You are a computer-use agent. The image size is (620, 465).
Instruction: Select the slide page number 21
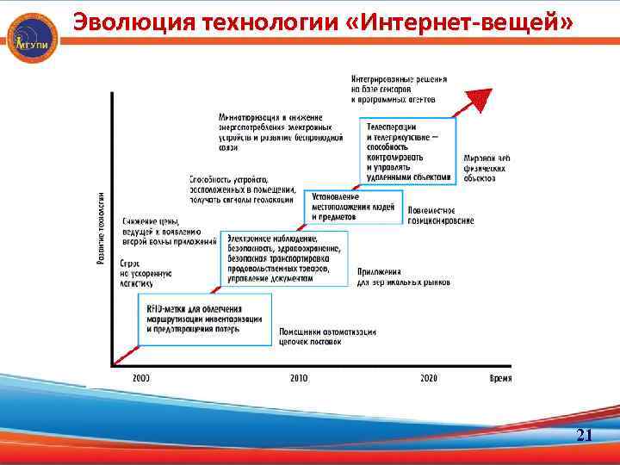(x=584, y=436)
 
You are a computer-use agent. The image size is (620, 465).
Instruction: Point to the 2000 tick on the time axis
(x=141, y=378)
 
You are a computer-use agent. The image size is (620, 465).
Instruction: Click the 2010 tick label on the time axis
(x=299, y=378)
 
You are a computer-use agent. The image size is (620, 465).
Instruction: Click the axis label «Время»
(x=500, y=378)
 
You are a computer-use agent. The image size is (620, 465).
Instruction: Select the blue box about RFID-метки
(x=205, y=319)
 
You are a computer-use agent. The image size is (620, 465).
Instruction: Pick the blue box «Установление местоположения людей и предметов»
(x=353, y=207)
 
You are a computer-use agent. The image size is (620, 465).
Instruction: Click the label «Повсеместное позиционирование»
(x=441, y=215)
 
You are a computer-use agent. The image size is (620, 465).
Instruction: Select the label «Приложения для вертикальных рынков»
(x=403, y=276)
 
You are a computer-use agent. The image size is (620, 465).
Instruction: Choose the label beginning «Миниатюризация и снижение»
(x=281, y=132)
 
